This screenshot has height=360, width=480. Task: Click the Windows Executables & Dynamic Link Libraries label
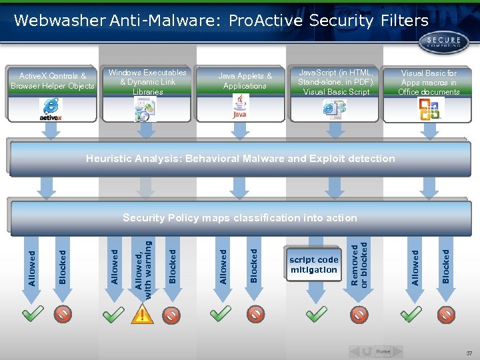[x=147, y=81]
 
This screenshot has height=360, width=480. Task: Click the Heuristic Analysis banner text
[x=240, y=159]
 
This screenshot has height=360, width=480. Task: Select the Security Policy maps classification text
[x=240, y=218]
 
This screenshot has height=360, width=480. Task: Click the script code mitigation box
[x=314, y=265]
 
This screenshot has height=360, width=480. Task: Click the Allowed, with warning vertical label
[x=143, y=267]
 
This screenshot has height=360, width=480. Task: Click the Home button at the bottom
[x=383, y=351]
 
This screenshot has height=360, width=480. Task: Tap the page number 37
[x=469, y=353]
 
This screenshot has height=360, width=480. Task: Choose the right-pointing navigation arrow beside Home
[x=397, y=351]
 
